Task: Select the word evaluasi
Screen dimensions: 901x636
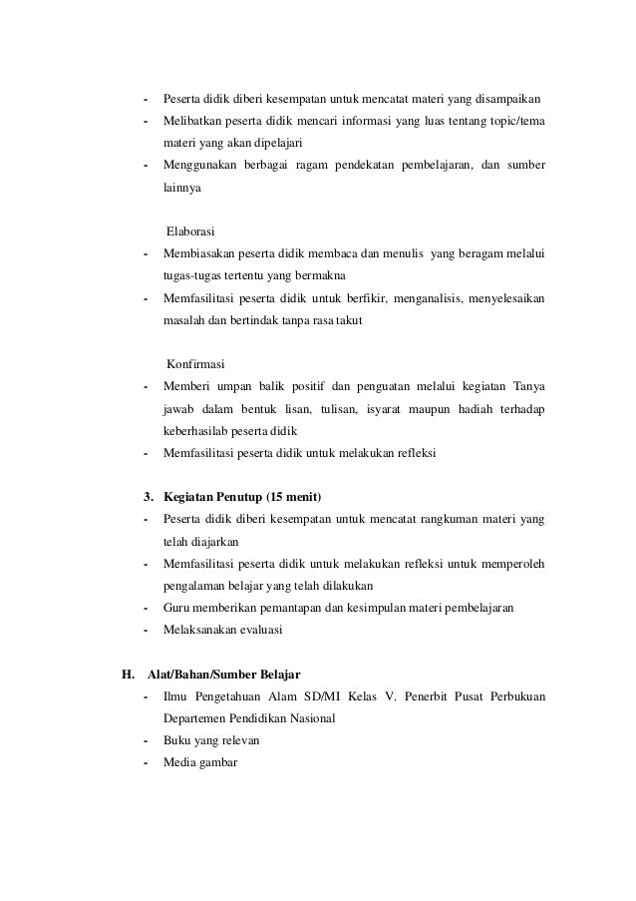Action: [258, 630]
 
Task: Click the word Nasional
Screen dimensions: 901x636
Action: [309, 718]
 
